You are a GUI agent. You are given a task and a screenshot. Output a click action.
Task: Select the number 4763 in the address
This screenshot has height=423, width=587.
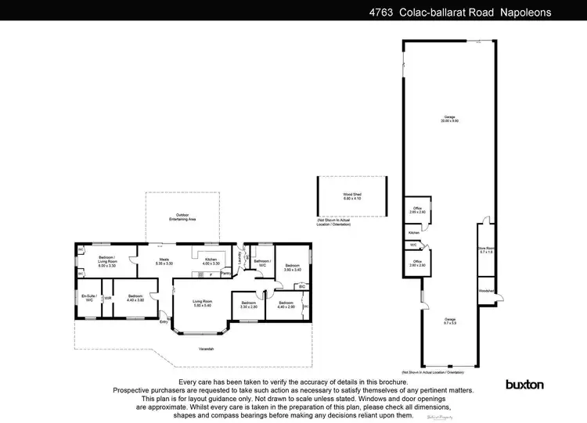381,13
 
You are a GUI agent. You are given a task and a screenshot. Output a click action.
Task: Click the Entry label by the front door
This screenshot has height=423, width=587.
164,321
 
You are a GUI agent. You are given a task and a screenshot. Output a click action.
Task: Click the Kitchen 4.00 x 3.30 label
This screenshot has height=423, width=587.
211,261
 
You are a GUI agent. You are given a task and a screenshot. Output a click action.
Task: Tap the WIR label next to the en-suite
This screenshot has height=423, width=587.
108,298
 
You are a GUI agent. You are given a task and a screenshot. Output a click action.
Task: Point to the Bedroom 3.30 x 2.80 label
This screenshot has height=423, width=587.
249,304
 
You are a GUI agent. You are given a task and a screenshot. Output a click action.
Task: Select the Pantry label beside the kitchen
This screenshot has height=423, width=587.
226,274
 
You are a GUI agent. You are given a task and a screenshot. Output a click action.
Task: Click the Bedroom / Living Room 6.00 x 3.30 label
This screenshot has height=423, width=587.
107,260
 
